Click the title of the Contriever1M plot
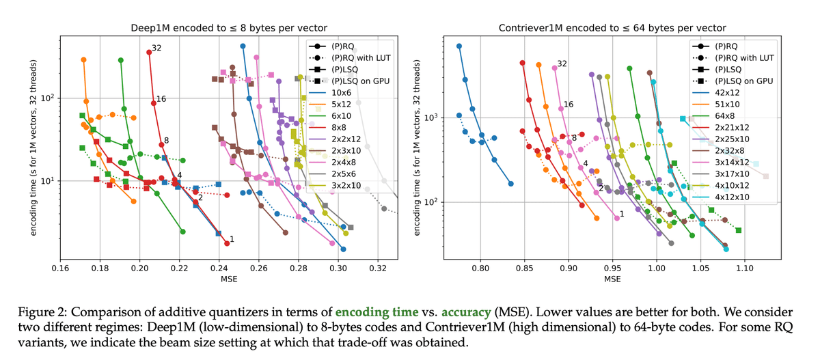tap(612, 27)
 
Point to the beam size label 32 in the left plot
tap(156, 48)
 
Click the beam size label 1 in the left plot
tap(232, 239)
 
